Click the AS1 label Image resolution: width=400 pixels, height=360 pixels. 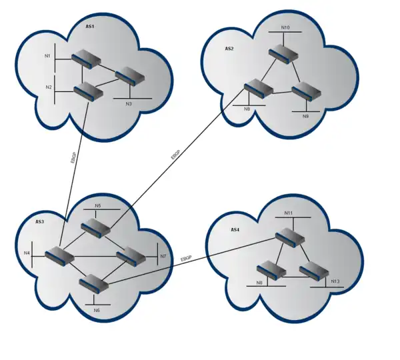[x=90, y=27]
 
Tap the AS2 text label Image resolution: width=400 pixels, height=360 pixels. [x=229, y=49]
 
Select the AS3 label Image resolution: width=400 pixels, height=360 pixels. [x=39, y=221]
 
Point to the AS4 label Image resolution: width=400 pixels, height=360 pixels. [x=235, y=230]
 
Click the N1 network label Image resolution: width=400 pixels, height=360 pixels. [x=48, y=56]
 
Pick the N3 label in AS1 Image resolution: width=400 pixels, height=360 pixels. [x=129, y=103]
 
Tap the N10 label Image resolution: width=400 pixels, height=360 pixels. [x=285, y=27]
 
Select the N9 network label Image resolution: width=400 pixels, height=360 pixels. [x=305, y=117]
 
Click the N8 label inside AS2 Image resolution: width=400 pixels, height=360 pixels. [x=247, y=109]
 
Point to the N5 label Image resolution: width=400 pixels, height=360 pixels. [x=98, y=205]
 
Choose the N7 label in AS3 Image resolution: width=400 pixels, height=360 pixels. [x=162, y=256]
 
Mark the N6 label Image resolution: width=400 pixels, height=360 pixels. [x=97, y=310]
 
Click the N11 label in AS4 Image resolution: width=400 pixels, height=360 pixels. [x=289, y=213]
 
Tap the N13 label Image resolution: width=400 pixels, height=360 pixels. [x=335, y=281]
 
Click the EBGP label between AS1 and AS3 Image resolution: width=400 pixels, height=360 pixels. [x=73, y=158]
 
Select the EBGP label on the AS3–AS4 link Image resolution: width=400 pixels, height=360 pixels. [x=186, y=258]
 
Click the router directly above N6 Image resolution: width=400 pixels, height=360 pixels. [x=93, y=283]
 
